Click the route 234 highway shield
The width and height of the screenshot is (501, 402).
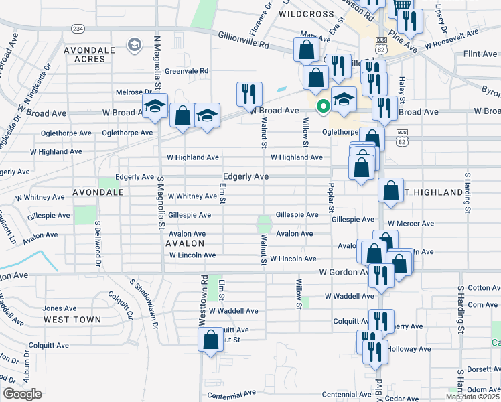click(78, 29)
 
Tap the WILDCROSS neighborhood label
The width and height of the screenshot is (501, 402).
click(305, 13)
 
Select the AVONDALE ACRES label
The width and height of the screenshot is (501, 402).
click(94, 54)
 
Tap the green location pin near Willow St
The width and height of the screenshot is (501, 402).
click(322, 106)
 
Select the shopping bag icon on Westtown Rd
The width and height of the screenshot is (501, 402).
click(210, 339)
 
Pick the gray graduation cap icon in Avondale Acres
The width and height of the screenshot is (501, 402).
click(134, 46)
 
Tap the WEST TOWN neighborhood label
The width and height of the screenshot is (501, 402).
click(72, 320)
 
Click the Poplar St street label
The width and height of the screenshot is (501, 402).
click(330, 198)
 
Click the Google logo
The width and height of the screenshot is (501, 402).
click(22, 394)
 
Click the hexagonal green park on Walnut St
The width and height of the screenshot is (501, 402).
click(264, 223)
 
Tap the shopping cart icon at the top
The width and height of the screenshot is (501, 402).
click(402, 5)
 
